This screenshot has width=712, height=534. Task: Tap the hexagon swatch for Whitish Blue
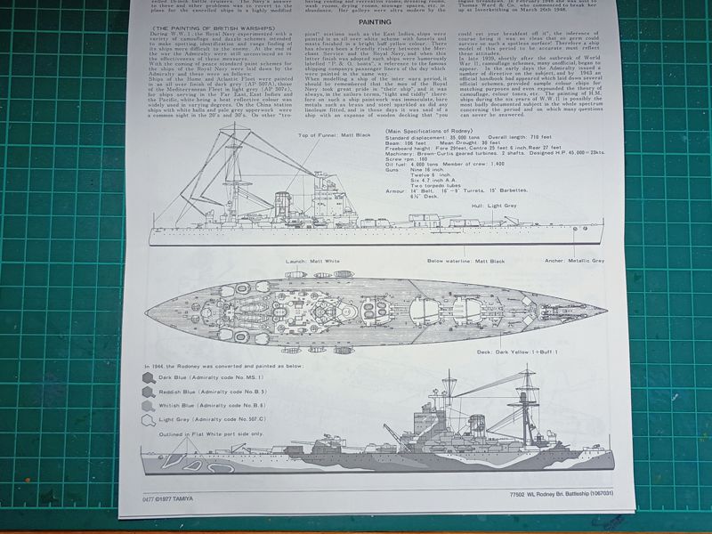click(x=148, y=406)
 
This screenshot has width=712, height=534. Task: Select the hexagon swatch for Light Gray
click(x=148, y=420)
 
